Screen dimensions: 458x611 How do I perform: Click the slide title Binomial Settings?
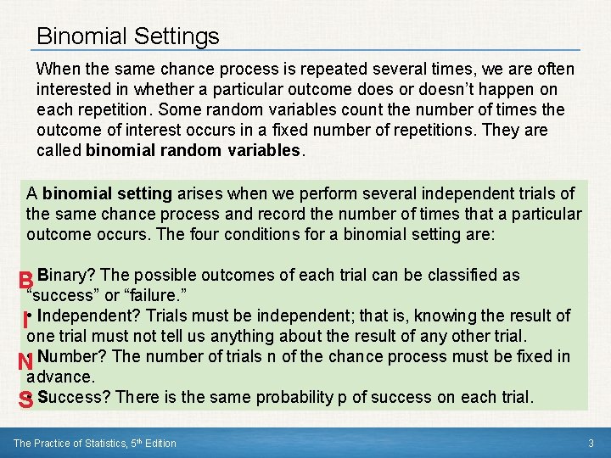coord(128,36)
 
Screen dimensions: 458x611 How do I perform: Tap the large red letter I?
coord(26,322)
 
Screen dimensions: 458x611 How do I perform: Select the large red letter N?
coord(25,362)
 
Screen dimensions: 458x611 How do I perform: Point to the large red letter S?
coord(26,401)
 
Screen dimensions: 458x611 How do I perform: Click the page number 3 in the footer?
coord(591,443)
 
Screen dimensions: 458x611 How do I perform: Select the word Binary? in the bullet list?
coord(66,275)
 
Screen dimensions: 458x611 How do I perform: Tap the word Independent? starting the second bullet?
coord(85,316)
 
